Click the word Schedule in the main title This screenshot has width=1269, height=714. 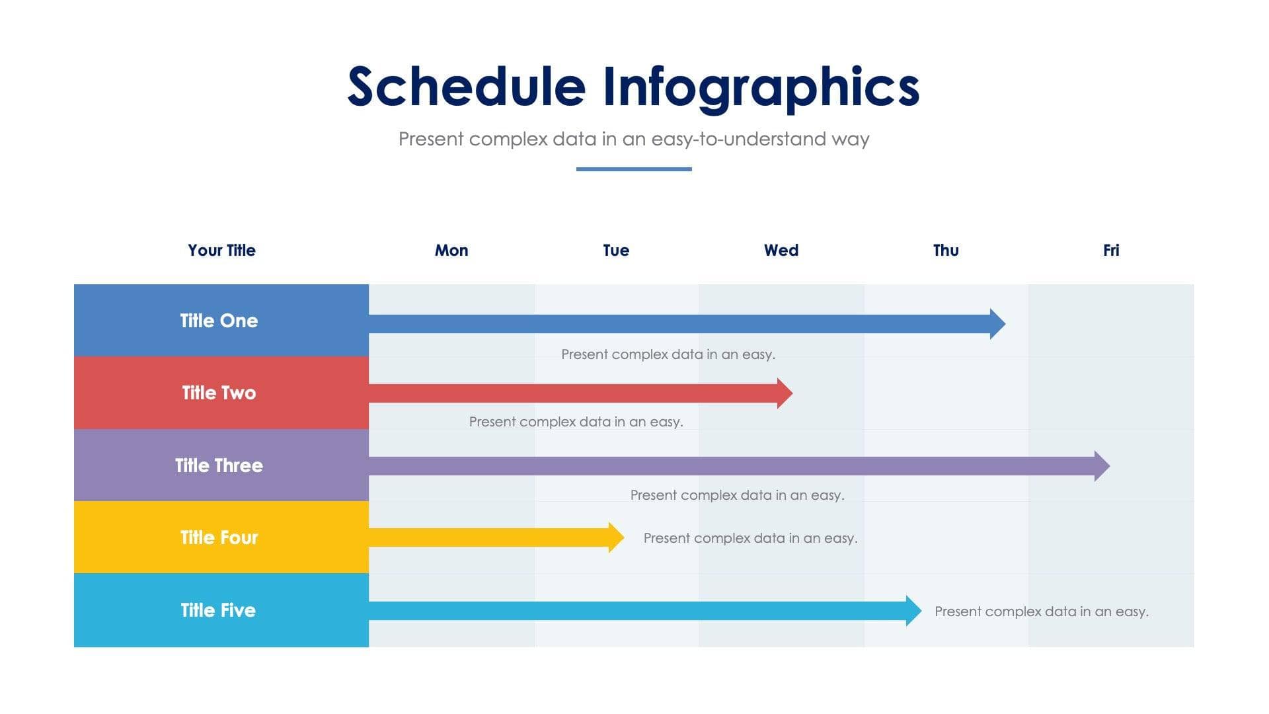[x=466, y=87]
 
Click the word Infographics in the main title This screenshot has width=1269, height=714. [x=761, y=87]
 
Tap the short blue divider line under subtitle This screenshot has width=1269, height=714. [x=633, y=169]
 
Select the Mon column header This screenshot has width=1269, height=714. [x=451, y=251]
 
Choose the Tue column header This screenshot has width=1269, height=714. [x=616, y=251]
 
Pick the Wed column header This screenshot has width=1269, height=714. [x=781, y=251]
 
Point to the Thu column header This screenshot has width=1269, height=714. [x=946, y=251]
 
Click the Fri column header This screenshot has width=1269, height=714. [x=1110, y=251]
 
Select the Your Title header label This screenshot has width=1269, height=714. [x=221, y=251]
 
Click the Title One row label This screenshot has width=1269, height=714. [x=219, y=321]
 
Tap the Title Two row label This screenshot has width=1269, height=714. [x=219, y=393]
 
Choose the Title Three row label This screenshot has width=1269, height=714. [x=219, y=465]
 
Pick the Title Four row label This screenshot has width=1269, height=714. [x=219, y=537]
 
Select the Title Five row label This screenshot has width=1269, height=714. [x=218, y=610]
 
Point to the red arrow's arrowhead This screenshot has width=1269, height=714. [x=785, y=393]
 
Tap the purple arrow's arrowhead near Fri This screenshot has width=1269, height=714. [x=1102, y=466]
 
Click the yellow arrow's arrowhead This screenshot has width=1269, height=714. [x=617, y=537]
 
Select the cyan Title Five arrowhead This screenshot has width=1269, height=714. [x=914, y=611]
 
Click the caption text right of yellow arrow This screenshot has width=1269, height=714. [x=750, y=538]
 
